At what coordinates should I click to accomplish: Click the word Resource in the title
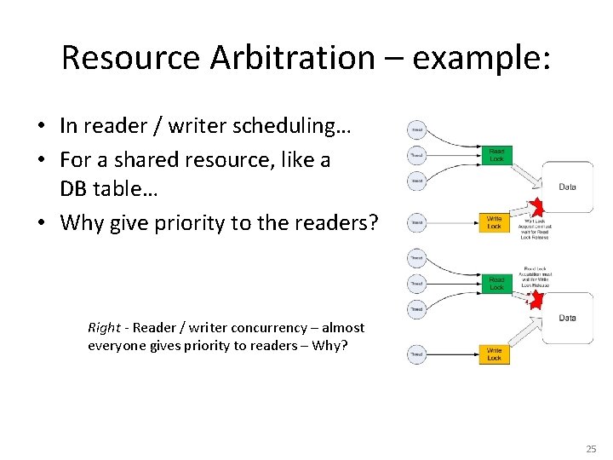coord(129,58)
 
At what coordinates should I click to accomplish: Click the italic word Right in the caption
coord(104,327)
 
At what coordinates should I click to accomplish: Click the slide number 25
coord(591,448)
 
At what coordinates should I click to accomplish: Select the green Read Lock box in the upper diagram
coord(496,155)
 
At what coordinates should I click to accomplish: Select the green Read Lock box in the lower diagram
coord(496,283)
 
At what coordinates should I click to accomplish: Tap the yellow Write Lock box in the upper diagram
coord(495,222)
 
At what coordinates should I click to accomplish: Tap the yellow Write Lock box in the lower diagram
coord(495,354)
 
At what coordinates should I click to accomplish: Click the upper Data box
coord(567,187)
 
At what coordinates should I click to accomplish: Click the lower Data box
coord(567,318)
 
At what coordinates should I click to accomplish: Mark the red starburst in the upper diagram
coord(536,207)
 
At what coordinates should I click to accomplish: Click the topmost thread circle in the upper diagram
coord(417,130)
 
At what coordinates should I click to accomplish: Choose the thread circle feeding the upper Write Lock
coord(417,222)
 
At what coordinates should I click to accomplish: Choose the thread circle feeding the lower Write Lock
coord(417,354)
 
